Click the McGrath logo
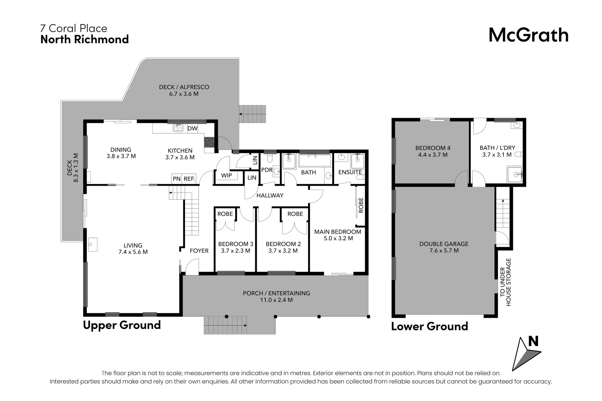coord(528,35)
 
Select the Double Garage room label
coord(444,244)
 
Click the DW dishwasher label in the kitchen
coord(192,128)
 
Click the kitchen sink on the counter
coord(178,128)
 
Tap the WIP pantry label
coord(226,175)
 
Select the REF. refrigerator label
coord(189,179)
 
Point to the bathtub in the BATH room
coord(315,160)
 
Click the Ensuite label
coord(350,172)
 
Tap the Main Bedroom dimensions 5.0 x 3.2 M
coord(338,238)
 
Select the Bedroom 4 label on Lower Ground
coord(433,148)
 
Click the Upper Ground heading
coord(122,325)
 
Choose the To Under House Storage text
coord(505,282)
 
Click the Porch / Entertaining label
coord(276,293)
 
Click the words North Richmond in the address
coord(84,39)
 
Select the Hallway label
coord(270,195)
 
